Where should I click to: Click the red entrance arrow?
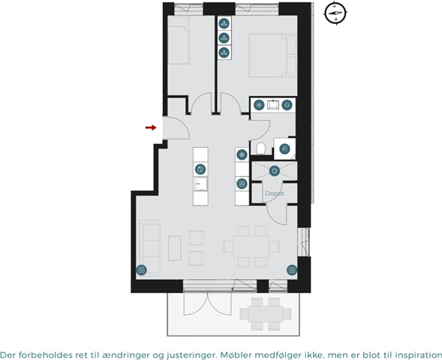[151, 127]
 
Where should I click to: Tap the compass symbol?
[335, 13]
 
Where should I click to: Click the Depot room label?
[275, 193]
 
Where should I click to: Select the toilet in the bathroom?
[260, 149]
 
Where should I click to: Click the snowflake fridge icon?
[242, 154]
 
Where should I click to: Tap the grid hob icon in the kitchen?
[242, 184]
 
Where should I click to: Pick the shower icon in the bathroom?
[284, 148]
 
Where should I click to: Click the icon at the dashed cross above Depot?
[274, 171]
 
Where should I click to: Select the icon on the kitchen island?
[200, 169]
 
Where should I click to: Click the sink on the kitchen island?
[200, 184]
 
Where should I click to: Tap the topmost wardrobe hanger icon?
[224, 23]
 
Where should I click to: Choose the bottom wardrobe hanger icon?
[224, 52]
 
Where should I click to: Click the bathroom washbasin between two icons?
[273, 105]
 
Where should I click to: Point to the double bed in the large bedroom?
[273, 55]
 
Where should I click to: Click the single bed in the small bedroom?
[179, 40]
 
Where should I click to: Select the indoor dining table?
[251, 247]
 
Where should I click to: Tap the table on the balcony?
[265, 314]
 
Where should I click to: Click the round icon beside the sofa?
[142, 270]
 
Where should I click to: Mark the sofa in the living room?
[150, 247]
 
